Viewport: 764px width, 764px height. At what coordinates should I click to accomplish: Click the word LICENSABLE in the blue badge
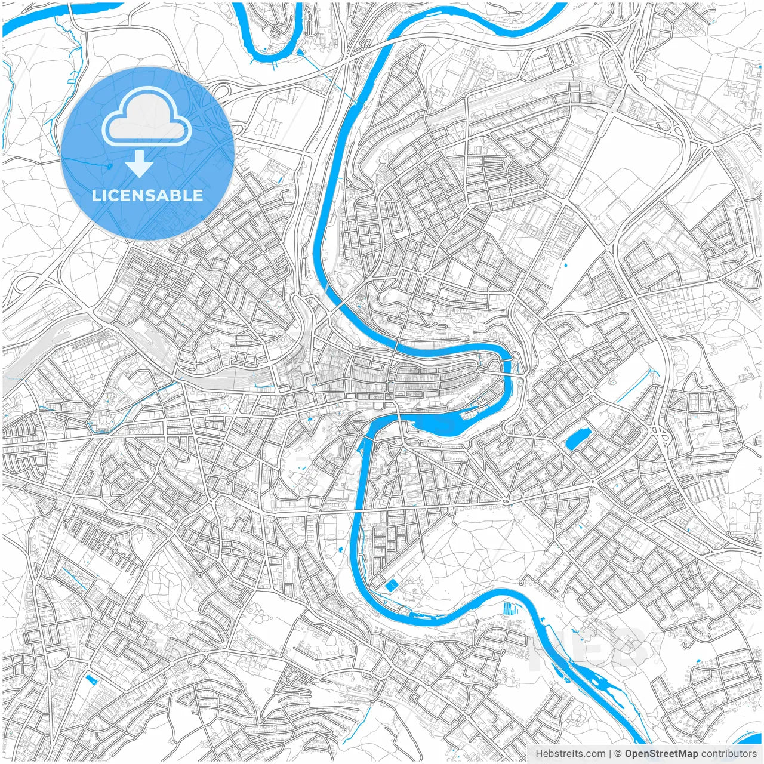147,195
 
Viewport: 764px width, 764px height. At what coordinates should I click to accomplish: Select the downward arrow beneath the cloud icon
139,164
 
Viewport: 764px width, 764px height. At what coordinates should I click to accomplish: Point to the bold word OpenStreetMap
661,754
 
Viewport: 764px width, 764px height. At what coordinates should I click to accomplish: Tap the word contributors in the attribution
729,754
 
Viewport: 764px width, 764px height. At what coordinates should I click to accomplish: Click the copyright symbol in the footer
618,754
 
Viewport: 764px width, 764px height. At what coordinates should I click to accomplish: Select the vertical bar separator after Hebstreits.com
610,754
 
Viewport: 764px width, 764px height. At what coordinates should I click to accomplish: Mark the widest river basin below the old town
439,424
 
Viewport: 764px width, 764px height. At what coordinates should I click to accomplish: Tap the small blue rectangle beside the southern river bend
390,586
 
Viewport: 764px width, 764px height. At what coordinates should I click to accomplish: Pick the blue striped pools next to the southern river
511,609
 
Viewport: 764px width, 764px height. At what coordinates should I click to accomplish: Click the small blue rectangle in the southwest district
91,679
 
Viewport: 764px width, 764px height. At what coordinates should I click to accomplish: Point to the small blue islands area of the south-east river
603,686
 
